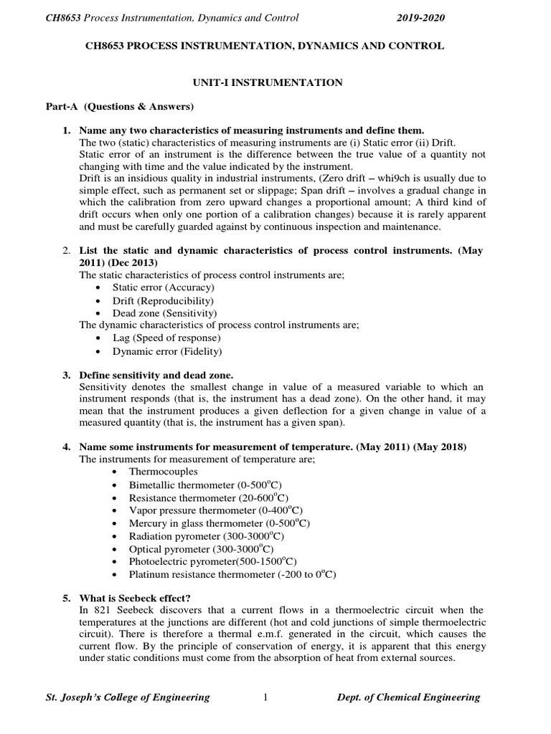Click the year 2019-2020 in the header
coord(420,18)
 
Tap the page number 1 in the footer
coord(265,697)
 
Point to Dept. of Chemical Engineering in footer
coord(409,697)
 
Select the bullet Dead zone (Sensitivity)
coord(164,313)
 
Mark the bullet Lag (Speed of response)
coord(166,338)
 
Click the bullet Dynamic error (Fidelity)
coord(167,351)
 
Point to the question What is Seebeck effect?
coord(135,599)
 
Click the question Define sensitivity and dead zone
coord(156,375)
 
